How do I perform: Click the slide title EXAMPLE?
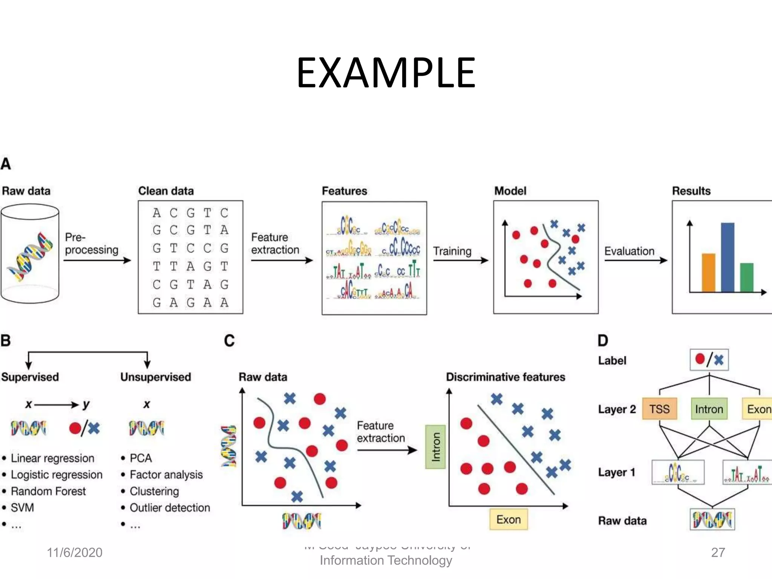[x=386, y=72]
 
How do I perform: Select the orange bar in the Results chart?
[x=708, y=273]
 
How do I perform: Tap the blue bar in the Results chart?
[x=728, y=257]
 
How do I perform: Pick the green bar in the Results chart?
[x=747, y=277]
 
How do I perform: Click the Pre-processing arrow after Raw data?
[x=97, y=260]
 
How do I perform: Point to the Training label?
[x=452, y=251]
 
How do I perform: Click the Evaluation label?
[x=629, y=251]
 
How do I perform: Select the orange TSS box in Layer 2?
[x=659, y=409]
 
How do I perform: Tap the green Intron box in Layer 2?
[x=709, y=409]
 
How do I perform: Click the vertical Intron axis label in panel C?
[x=435, y=447]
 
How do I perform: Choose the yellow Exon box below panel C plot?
[x=509, y=519]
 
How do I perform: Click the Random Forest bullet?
[x=48, y=491]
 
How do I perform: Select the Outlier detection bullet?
[x=170, y=508]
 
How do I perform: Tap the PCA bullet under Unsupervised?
[x=141, y=458]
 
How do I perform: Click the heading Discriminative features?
[x=505, y=377]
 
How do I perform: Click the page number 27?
[x=718, y=552]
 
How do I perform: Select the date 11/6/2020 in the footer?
[x=75, y=552]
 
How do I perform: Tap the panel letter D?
[x=603, y=340]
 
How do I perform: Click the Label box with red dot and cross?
[x=709, y=360]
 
